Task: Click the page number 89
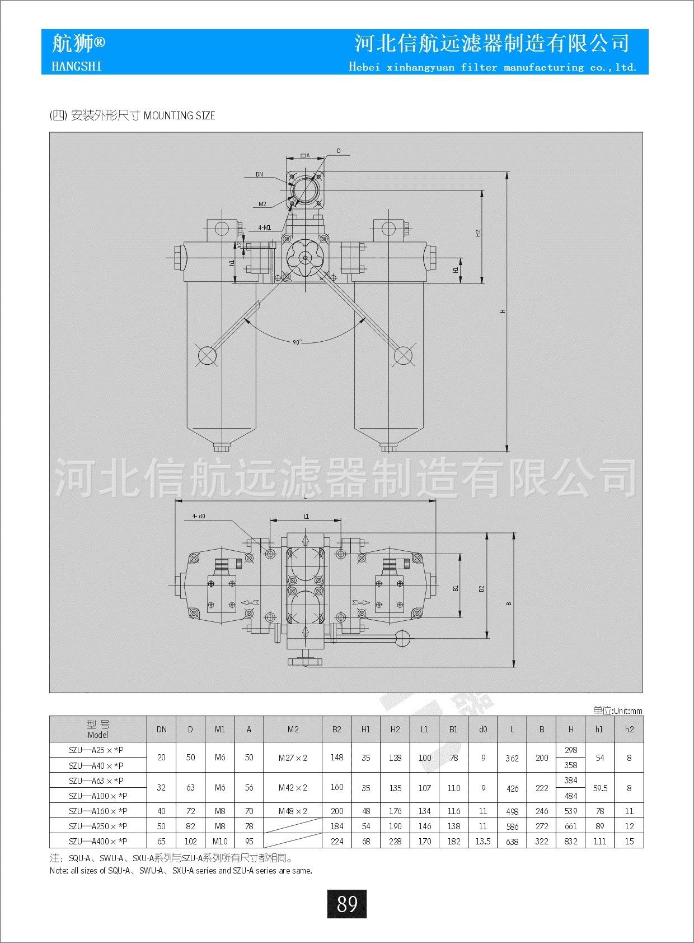tap(347, 904)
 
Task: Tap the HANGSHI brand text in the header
tap(77, 66)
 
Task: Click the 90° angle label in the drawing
tap(297, 342)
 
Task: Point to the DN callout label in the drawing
tap(260, 174)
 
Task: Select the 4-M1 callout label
tap(264, 227)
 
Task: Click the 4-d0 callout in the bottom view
tap(199, 515)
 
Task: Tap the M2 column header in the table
tap(293, 729)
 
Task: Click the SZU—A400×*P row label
tap(98, 841)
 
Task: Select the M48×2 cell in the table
tap(293, 811)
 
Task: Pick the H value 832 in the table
tap(571, 841)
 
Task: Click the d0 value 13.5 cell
tap(483, 841)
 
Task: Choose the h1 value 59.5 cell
tap(600, 788)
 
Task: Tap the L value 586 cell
tap(512, 826)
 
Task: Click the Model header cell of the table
tap(98, 730)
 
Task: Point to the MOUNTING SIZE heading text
tap(180, 116)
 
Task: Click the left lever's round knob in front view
tap(207, 355)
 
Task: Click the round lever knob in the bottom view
tap(402, 637)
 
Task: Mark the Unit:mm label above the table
tap(618, 710)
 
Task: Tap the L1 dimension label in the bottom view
tap(306, 517)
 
